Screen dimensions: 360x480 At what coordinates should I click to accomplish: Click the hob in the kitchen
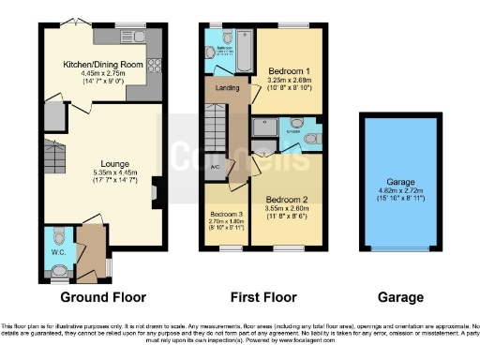pyautogui.click(x=154, y=67)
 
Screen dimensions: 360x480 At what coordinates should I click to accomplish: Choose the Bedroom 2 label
pyautogui.click(x=288, y=200)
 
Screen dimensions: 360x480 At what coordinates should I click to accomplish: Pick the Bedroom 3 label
pyautogui.click(x=226, y=214)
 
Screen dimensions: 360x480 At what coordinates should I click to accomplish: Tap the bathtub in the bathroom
pyautogui.click(x=244, y=52)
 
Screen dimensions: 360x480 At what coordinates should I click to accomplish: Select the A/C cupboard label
pyautogui.click(x=214, y=168)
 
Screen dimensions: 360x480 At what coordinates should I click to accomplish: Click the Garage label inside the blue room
pyautogui.click(x=398, y=184)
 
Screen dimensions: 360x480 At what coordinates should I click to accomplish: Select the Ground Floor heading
pyautogui.click(x=103, y=297)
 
